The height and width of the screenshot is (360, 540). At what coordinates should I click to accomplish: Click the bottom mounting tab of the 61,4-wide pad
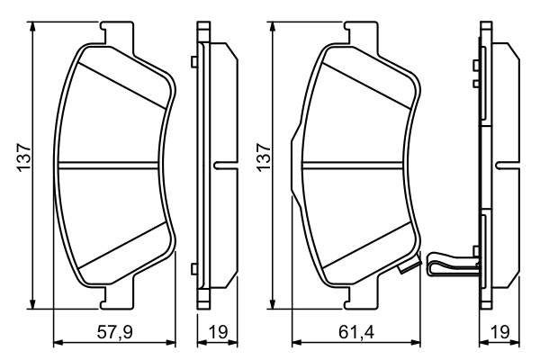point(357,295)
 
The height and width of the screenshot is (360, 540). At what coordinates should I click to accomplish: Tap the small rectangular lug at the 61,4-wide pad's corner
point(407,267)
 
